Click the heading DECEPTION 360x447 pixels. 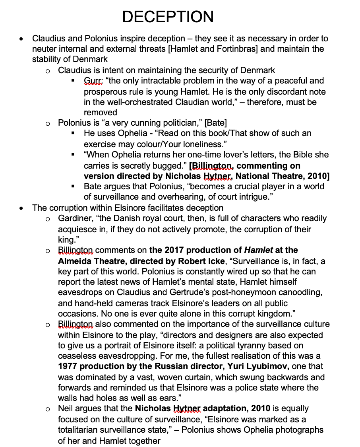coord(168,17)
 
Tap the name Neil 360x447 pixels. coord(66,408)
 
